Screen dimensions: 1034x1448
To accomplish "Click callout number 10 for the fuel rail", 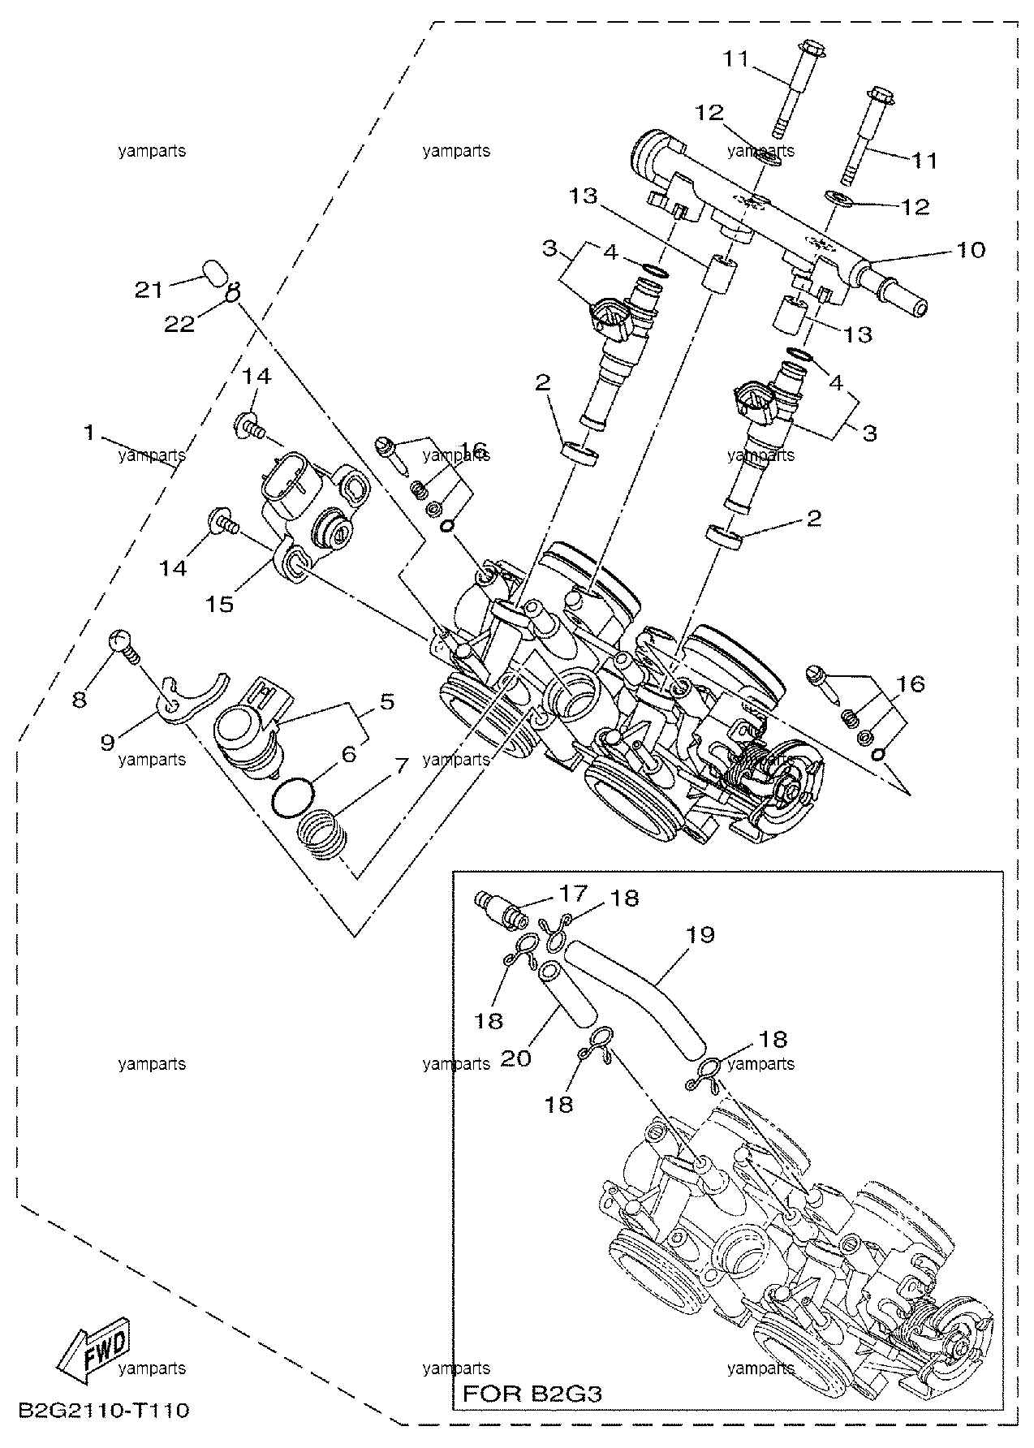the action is (971, 249).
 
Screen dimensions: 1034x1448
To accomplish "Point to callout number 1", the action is (90, 433).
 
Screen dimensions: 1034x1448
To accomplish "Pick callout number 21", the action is (149, 290).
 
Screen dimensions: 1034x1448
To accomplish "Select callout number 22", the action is (179, 324).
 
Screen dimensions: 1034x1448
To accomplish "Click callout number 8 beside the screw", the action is (79, 699).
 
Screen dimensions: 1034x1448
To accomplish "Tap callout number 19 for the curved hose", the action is (700, 934).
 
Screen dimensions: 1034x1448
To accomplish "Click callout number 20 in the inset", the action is (516, 1058).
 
